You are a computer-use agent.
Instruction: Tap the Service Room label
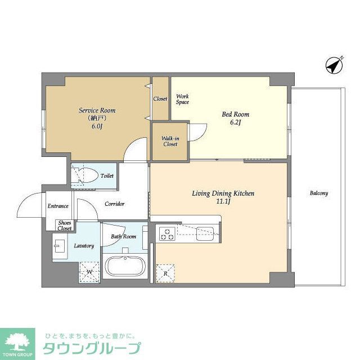(97, 110)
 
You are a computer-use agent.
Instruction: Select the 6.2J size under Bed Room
(235, 122)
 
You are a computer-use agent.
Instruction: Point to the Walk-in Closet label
(170, 141)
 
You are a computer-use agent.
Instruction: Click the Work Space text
(182, 99)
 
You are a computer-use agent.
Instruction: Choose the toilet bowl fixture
(85, 175)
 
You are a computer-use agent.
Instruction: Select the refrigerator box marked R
(165, 273)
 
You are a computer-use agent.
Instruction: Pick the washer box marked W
(89, 273)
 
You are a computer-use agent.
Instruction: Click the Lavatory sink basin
(60, 245)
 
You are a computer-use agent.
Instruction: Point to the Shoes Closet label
(65, 225)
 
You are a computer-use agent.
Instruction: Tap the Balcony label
(318, 193)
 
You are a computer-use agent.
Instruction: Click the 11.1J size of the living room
(223, 201)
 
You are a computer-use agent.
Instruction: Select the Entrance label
(58, 206)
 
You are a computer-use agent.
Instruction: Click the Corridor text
(115, 204)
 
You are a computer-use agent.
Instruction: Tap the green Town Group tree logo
(17, 341)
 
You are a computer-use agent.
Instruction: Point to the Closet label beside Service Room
(160, 99)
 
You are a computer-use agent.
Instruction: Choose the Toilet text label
(107, 175)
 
